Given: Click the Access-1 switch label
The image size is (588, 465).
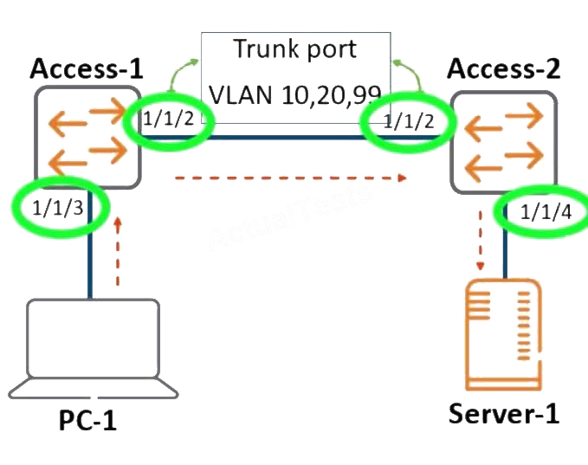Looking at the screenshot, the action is tap(87, 68).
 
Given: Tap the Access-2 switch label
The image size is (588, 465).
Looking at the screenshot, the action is tap(504, 68).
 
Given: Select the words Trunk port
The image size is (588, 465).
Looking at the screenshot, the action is tap(295, 48).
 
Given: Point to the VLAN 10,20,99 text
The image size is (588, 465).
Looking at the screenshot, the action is tap(295, 94).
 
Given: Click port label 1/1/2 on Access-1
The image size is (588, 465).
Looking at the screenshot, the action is tap(169, 119).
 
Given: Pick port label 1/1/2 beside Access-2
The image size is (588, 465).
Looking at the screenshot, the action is tap(409, 121).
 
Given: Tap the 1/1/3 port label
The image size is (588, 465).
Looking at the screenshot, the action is tap(58, 208).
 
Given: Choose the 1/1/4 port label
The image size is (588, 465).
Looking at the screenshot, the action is tap(546, 212).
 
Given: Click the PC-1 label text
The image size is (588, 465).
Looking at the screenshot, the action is tap(87, 420).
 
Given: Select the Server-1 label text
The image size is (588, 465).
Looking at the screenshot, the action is tap(504, 414).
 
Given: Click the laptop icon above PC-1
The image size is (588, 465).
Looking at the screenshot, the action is tap(93, 349).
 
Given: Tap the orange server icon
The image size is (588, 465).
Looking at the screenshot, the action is tap(504, 334).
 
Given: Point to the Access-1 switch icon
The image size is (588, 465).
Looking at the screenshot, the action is tap(87, 137).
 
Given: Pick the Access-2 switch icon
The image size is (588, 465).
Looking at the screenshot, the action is tap(504, 142).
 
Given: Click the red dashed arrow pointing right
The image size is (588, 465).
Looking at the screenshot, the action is tap(291, 178).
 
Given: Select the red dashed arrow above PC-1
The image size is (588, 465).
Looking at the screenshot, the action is tap(118, 251).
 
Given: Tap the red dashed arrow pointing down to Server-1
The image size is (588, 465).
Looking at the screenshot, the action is tap(481, 241).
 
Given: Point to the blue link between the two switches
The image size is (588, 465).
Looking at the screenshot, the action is tap(291, 138).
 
